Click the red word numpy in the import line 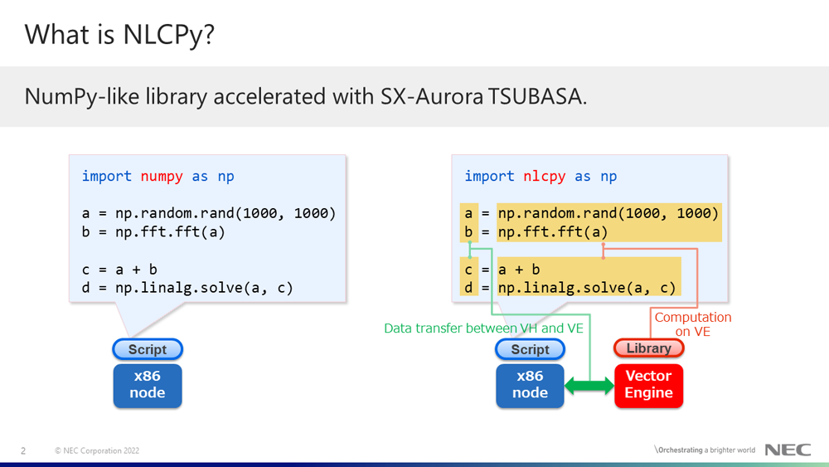tap(162, 176)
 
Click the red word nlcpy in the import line tap(545, 176)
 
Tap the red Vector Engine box tap(649, 386)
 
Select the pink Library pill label tap(649, 348)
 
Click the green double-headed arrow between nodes tap(589, 386)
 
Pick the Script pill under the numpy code tap(148, 349)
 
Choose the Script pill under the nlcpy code tap(530, 349)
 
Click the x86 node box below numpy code tap(148, 386)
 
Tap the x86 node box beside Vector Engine tap(530, 386)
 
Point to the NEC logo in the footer tap(788, 450)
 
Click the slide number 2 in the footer tap(23, 450)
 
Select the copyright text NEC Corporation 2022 tap(97, 450)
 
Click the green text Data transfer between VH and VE tap(484, 328)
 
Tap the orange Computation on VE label tap(693, 324)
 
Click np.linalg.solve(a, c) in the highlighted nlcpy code tap(587, 288)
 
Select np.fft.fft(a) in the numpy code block tap(170, 232)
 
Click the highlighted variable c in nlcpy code tap(468, 270)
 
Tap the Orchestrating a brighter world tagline tap(705, 450)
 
